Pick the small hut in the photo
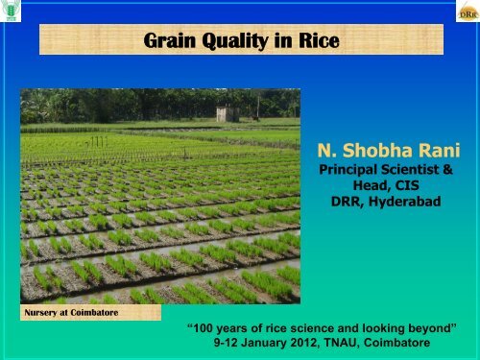(x=228, y=114)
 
